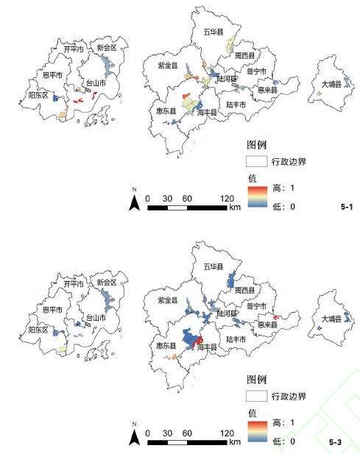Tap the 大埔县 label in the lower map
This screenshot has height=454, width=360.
point(331,319)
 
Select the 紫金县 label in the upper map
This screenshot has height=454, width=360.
point(169,65)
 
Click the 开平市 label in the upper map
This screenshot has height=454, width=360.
point(72,50)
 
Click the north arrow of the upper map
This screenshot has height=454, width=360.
point(135,202)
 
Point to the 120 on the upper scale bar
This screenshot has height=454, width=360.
point(227,199)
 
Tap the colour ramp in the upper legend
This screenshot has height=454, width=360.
point(254,198)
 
